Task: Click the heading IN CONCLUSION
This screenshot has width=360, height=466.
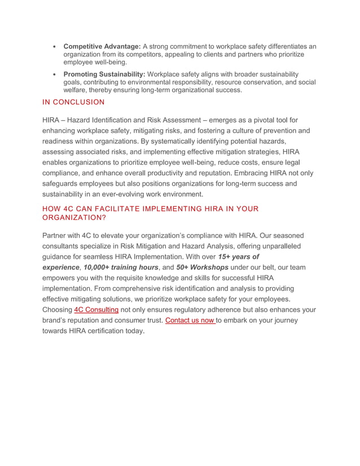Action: (x=73, y=102)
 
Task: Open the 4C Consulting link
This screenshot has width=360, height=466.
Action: (x=96, y=310)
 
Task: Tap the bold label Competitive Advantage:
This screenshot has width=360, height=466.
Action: (x=102, y=46)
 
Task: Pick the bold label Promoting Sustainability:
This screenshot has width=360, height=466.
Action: (x=104, y=74)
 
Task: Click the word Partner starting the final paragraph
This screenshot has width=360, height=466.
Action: (x=56, y=235)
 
